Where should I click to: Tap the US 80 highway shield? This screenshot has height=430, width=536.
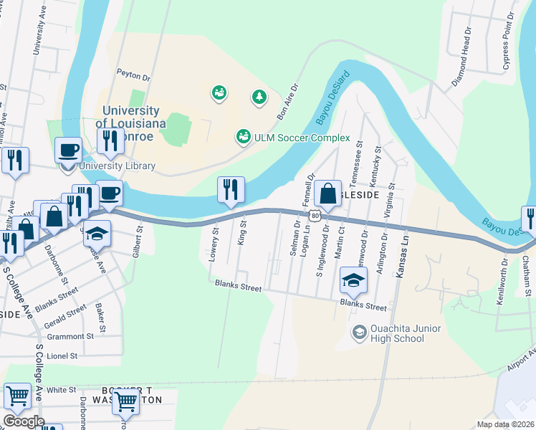[x=315, y=214]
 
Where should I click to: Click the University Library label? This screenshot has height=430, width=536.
[x=117, y=166]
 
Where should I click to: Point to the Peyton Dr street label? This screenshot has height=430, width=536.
[x=133, y=75]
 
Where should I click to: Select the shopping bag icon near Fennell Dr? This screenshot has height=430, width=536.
[x=327, y=193]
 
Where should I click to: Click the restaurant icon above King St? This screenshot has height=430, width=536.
[x=231, y=190]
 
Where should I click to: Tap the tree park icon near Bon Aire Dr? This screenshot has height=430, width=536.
[x=258, y=96]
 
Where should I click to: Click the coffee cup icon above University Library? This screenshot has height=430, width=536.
[x=69, y=150]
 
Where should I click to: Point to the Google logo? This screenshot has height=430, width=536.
[x=24, y=421]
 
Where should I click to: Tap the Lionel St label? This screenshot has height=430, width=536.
[x=62, y=355]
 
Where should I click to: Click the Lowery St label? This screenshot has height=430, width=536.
[x=213, y=244]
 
